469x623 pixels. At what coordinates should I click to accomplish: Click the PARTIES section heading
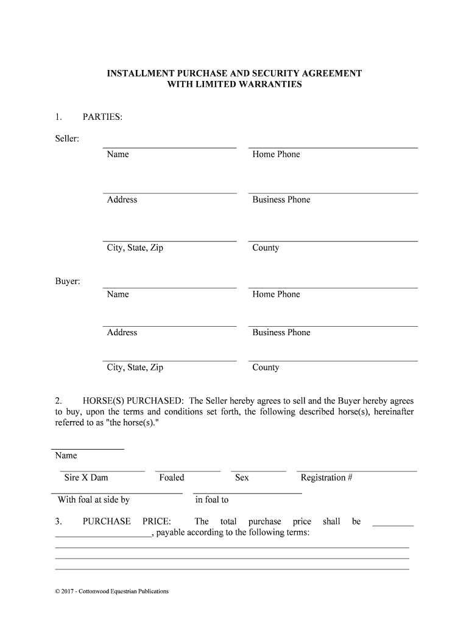[x=103, y=116]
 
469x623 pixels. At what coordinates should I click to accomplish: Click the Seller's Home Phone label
[x=277, y=155]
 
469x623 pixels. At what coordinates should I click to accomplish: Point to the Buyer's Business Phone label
[x=281, y=332]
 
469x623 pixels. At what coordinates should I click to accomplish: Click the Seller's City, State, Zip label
[x=135, y=248]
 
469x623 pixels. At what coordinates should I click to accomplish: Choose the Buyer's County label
[x=266, y=367]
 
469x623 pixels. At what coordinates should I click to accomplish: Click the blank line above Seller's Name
[x=169, y=147]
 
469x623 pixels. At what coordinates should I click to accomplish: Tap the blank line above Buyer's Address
[x=169, y=326]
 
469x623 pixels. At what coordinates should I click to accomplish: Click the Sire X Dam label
[x=86, y=478]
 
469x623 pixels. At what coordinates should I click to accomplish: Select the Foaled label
[x=172, y=478]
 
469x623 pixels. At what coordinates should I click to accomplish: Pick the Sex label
[x=242, y=478]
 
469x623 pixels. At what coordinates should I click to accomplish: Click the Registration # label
[x=326, y=478]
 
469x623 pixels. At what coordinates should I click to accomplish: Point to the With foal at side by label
[x=94, y=500]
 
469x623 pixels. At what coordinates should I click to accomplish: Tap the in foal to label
[x=212, y=500]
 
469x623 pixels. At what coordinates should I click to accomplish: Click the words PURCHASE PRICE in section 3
[x=127, y=521]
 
